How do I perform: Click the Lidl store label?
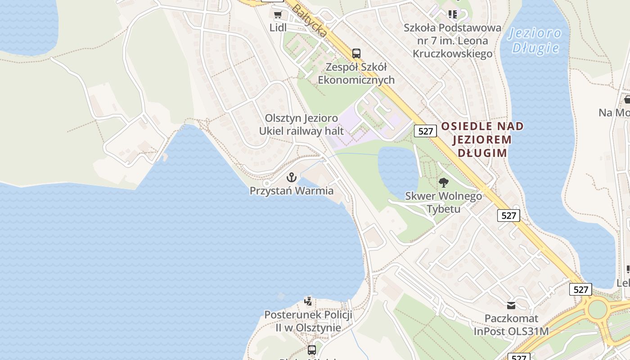click(278, 27)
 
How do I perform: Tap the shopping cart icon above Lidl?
click(278, 14)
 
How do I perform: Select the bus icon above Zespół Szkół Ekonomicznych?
click(356, 53)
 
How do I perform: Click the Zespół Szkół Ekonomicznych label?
click(356, 74)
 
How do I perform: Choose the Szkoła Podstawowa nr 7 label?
click(452, 40)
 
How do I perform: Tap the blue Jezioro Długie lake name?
click(535, 40)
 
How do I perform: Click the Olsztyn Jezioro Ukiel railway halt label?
click(301, 124)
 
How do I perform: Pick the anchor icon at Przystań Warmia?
click(292, 177)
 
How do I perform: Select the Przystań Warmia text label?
click(292, 191)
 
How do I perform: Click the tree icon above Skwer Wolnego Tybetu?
click(443, 182)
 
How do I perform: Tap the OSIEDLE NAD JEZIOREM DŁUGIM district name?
click(482, 139)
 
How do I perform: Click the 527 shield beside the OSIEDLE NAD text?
click(425, 131)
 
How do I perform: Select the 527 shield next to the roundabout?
click(580, 289)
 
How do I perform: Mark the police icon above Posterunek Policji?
click(308, 301)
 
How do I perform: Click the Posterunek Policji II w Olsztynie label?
click(308, 321)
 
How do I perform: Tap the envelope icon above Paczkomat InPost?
click(511, 305)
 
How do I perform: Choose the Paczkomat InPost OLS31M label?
click(511, 325)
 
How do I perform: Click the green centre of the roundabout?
click(598, 309)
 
